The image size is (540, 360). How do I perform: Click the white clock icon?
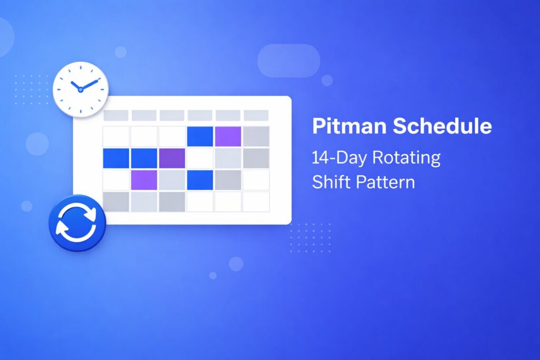(81, 89)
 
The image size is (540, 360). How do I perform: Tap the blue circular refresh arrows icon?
(76, 223)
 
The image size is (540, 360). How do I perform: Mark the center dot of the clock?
(80, 90)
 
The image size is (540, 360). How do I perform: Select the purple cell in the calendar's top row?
(228, 136)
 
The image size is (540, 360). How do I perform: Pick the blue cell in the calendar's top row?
(200, 136)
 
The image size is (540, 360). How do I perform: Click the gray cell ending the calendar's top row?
(256, 136)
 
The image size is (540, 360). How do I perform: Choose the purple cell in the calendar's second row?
(172, 158)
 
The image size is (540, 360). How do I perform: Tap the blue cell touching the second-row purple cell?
(144, 158)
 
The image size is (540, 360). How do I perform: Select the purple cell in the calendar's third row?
(144, 180)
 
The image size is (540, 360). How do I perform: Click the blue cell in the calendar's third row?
(200, 180)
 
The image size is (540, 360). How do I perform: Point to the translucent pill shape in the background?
(288, 61)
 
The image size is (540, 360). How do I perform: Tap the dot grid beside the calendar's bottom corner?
(311, 235)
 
